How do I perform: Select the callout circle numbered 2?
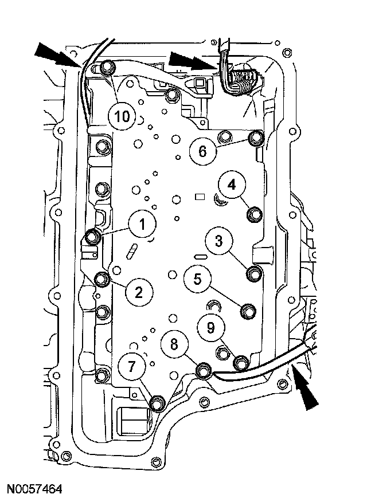click(138, 293)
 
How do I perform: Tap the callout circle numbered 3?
click(218, 241)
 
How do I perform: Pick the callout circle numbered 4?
click(231, 185)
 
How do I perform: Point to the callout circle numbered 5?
click(198, 280)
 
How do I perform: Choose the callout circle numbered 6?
click(202, 152)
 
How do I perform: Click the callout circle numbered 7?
click(132, 367)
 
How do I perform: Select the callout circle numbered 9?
click(210, 327)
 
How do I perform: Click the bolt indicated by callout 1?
click(93, 236)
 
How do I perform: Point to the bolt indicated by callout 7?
click(157, 404)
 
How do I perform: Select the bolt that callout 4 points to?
click(254, 215)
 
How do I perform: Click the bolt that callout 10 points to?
click(106, 69)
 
